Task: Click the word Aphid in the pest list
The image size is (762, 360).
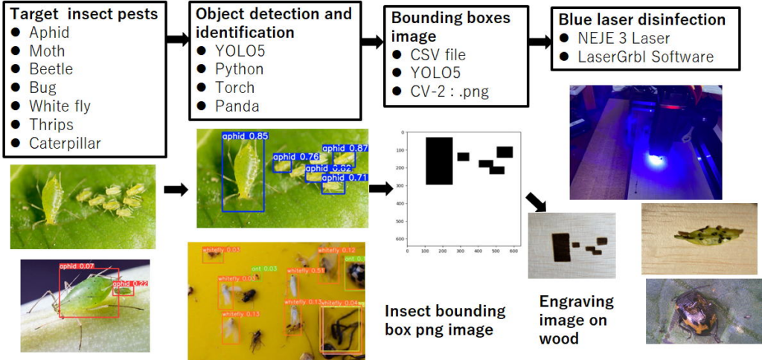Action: click(49, 33)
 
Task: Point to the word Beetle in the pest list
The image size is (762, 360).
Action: click(51, 69)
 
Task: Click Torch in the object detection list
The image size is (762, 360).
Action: click(235, 88)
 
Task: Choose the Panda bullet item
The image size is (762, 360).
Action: click(237, 106)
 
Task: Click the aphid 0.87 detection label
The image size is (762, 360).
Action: click(348, 148)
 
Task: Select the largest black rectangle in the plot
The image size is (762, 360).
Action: click(439, 161)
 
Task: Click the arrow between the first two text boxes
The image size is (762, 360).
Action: click(177, 39)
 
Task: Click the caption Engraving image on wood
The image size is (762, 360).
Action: click(577, 320)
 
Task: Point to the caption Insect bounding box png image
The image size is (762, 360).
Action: click(445, 321)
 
